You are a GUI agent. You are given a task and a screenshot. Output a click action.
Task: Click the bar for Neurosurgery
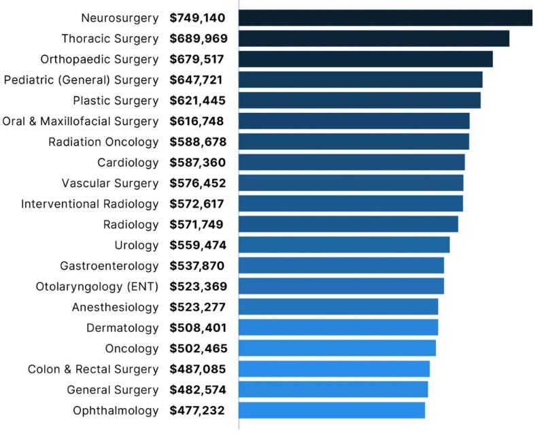(385, 18)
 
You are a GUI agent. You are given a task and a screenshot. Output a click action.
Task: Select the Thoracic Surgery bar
(374, 39)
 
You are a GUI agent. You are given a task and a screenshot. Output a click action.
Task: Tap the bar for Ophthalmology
(332, 410)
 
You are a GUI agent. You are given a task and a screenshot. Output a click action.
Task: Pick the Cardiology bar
(352, 163)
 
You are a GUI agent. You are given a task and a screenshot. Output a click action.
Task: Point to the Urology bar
(344, 245)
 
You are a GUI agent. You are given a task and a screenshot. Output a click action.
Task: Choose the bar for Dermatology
(338, 328)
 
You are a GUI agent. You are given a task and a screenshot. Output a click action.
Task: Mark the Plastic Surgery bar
(360, 101)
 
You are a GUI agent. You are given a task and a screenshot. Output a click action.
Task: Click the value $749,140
(197, 18)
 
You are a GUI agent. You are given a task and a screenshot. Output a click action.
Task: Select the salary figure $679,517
(197, 59)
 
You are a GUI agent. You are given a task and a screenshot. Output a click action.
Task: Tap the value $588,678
(197, 142)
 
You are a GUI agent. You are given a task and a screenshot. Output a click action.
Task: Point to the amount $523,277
(197, 307)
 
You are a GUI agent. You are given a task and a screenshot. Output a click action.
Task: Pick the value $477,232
(197, 410)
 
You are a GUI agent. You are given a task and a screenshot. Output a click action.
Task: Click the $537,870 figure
(197, 266)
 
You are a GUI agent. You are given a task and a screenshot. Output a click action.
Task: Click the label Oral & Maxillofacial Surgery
(80, 121)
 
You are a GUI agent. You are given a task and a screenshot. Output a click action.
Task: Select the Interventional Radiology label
(90, 204)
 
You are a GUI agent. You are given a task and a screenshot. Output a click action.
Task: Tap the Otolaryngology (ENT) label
(97, 286)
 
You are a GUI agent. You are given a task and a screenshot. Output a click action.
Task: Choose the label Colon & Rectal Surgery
(93, 369)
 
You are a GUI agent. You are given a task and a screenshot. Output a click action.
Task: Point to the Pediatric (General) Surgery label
(81, 80)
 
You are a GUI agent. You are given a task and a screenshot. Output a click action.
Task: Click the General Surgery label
(112, 390)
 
